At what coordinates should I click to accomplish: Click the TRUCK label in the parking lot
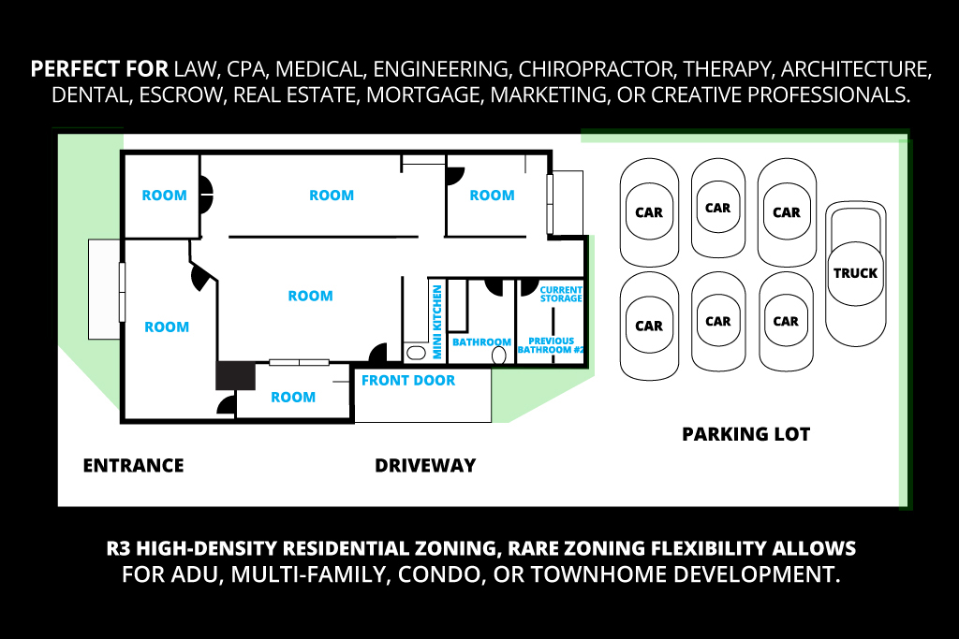coord(855,273)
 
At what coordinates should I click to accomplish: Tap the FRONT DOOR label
coord(408,381)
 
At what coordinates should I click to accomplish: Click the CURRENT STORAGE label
coord(561,294)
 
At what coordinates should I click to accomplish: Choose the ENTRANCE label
coord(133,466)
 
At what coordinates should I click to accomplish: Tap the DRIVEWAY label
coord(425,466)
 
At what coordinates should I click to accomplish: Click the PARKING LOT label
coord(745,434)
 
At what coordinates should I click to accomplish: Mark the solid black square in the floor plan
coord(235,375)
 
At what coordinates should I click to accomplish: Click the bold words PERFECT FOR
coord(99,70)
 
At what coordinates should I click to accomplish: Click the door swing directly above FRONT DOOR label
coord(378,355)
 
